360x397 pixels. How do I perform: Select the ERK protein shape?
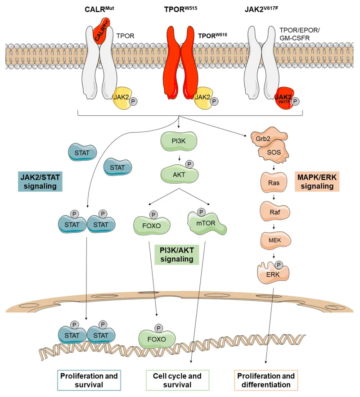click(x=273, y=273)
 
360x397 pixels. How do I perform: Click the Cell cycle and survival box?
click(x=178, y=380)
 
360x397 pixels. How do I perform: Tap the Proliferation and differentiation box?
click(x=265, y=380)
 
